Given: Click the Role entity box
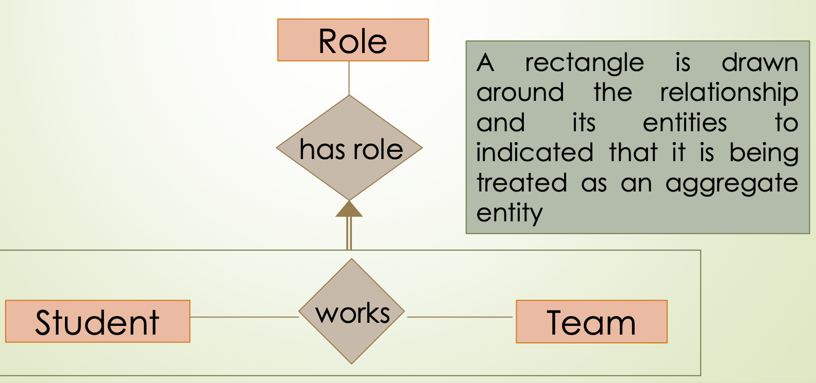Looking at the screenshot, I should tap(353, 40).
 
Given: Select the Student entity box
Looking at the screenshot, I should tap(97, 322).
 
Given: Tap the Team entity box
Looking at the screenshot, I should tap(591, 322).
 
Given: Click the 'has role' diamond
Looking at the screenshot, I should tap(350, 148).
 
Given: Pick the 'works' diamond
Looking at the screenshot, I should tap(352, 311).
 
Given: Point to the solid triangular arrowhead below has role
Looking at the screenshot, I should tap(349, 209).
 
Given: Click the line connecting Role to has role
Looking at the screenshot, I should tap(349, 78).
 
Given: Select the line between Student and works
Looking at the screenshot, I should tap(244, 317).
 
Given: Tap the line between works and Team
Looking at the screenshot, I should tap(460, 317).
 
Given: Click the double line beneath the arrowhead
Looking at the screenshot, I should tap(349, 233).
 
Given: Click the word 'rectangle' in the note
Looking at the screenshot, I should tap(584, 63).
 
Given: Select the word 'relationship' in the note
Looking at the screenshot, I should tap(729, 93).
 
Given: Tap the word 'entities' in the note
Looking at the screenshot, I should tap(685, 123).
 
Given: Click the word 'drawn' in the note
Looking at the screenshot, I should tap(759, 63).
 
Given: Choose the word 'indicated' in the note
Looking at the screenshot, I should tap(535, 153).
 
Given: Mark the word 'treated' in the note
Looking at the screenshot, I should tap(521, 183).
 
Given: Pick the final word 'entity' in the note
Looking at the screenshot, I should tap(509, 213).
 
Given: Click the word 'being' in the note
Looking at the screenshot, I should tap(763, 153).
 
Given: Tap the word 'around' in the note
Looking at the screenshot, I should tap(520, 93).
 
